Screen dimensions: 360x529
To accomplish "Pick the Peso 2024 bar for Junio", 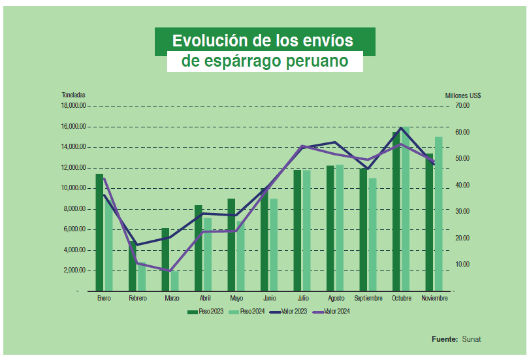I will tap(274, 244).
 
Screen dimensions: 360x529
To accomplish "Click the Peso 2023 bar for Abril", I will tap(199, 248).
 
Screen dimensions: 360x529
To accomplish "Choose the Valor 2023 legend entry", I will tap(291, 312).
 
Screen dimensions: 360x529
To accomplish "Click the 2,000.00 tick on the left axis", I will tap(75, 270).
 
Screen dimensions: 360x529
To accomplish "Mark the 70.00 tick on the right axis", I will tap(463, 106).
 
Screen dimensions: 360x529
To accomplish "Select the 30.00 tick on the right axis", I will tap(463, 212).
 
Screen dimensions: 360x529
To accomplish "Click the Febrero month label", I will tap(137, 298).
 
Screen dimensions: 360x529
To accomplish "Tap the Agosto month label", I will tap(336, 298).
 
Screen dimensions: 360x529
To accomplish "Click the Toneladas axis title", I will tap(73, 95).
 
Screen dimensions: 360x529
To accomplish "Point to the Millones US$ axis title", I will tap(463, 95).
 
